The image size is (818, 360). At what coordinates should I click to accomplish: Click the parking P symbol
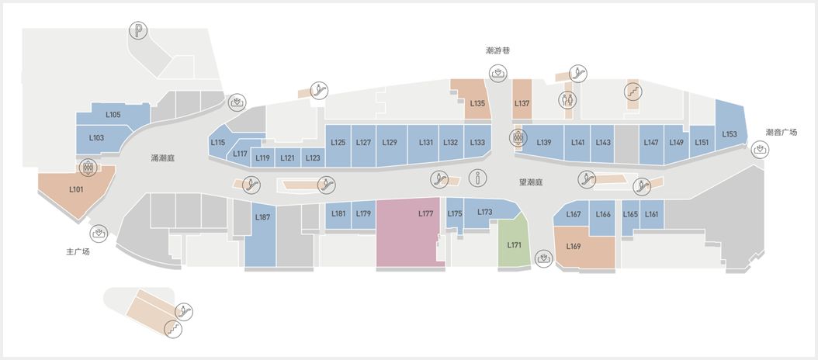click(x=138, y=31)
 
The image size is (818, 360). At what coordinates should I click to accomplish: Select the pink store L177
click(x=410, y=232)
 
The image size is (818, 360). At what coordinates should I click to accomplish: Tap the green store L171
click(x=514, y=243)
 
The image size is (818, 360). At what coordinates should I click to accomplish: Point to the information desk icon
click(x=477, y=178)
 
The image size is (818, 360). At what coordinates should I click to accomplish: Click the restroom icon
click(x=567, y=99)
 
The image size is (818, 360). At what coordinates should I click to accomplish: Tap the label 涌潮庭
click(x=159, y=158)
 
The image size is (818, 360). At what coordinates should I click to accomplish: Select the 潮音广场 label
click(x=782, y=133)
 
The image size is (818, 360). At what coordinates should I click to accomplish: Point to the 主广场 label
click(x=78, y=252)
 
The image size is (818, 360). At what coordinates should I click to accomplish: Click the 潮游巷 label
click(x=497, y=50)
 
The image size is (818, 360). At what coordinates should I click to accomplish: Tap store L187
click(x=260, y=235)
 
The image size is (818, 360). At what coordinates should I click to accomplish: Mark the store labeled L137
click(x=522, y=99)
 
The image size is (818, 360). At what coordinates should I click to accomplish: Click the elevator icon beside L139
click(x=518, y=138)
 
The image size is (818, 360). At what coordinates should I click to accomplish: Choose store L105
click(x=113, y=115)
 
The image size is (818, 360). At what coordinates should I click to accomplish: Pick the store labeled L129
click(x=390, y=146)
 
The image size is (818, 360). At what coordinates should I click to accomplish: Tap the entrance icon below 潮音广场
click(x=760, y=151)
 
